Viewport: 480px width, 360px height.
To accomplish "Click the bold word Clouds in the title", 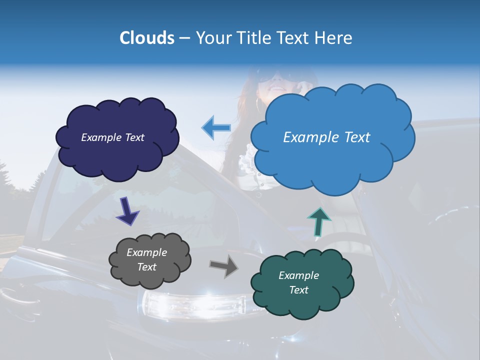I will point(147,38).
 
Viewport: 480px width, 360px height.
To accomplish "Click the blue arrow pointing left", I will point(216,127).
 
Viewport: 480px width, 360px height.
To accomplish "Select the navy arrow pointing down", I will point(127,211).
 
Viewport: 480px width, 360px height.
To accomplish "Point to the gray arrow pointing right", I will point(223,266).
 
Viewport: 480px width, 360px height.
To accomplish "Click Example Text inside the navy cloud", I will point(112,137).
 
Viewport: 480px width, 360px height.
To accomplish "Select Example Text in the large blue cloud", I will point(326,137).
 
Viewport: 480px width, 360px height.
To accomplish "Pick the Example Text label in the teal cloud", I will point(298,282).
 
